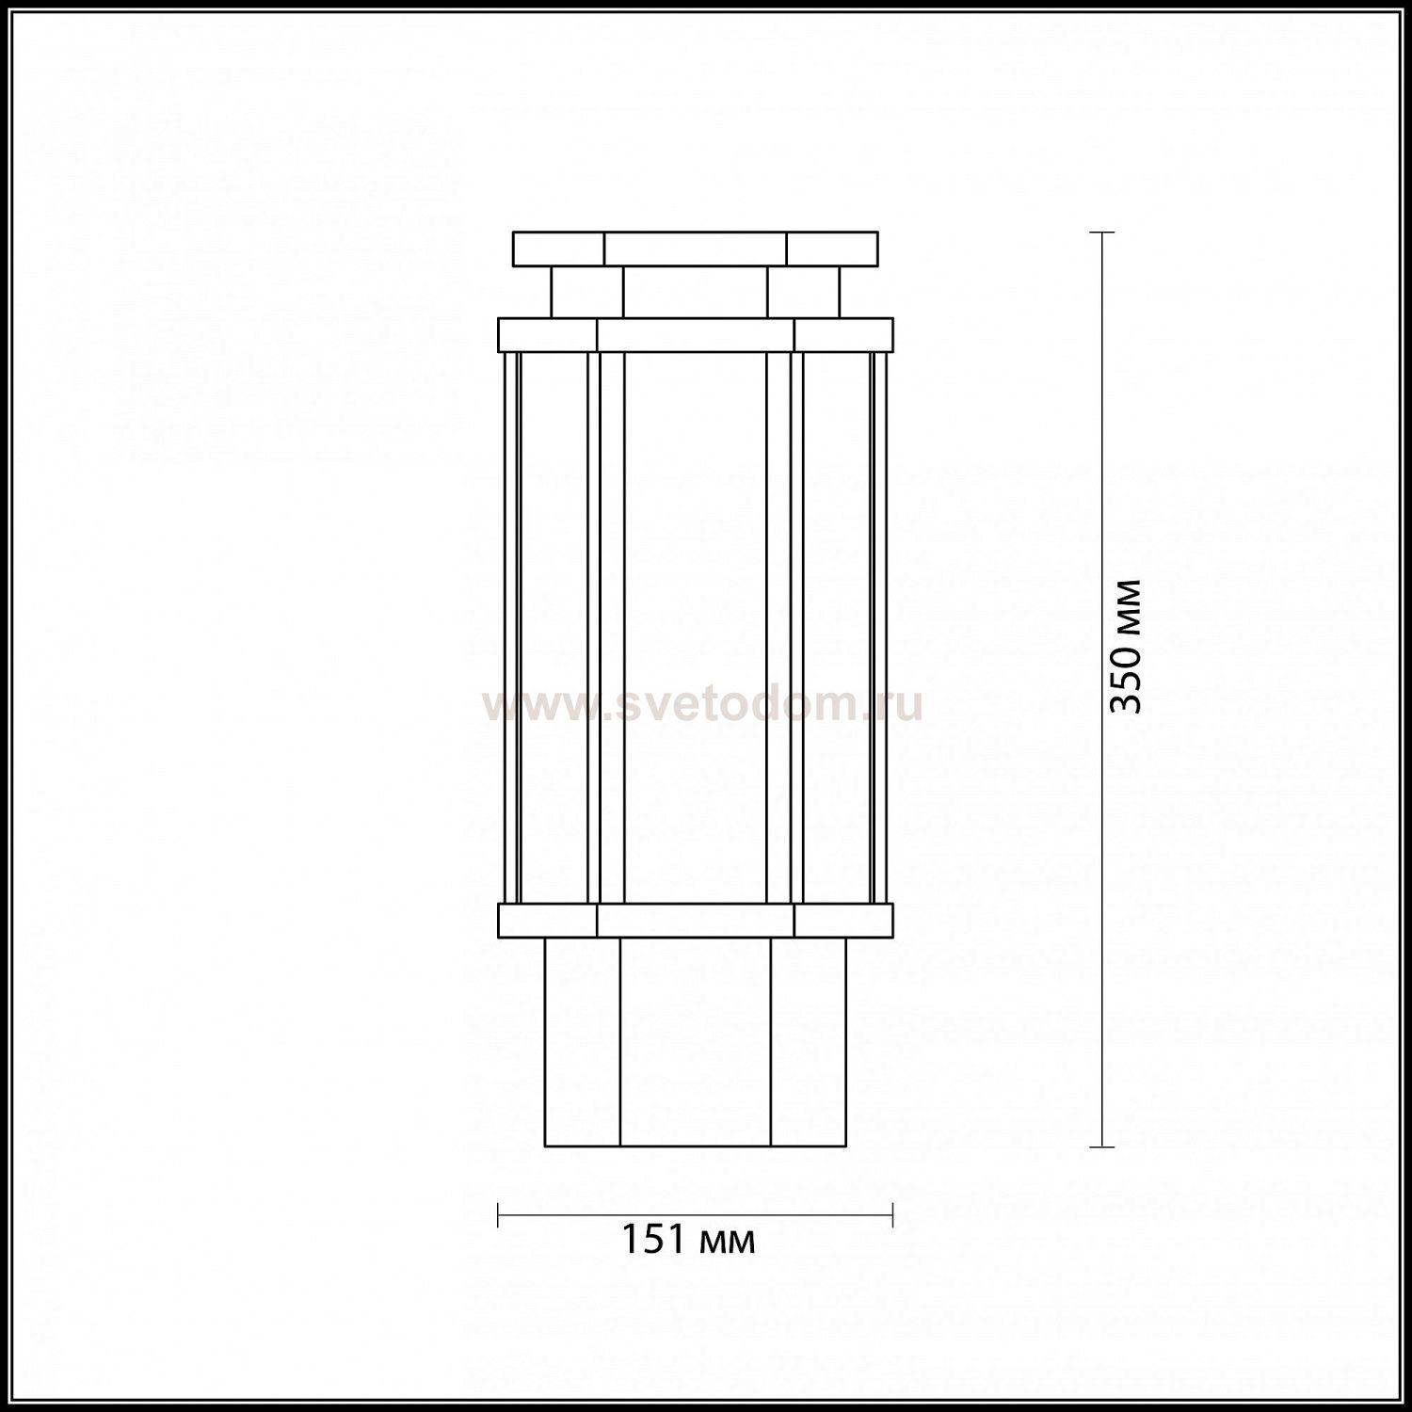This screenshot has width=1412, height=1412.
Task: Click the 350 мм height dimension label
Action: pyautogui.click(x=1126, y=646)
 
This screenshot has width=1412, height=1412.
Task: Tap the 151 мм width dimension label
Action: pyautogui.click(x=688, y=1240)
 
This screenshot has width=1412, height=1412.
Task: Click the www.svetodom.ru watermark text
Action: pyautogui.click(x=702, y=704)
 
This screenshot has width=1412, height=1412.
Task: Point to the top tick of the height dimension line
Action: pyautogui.click(x=1102, y=232)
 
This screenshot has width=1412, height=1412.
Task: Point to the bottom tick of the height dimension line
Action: pyautogui.click(x=1102, y=1147)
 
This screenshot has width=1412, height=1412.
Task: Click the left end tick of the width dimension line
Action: pyautogui.click(x=498, y=1215)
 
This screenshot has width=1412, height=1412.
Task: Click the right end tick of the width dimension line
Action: pyautogui.click(x=892, y=1215)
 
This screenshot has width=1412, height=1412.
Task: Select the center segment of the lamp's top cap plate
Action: pyautogui.click(x=696, y=249)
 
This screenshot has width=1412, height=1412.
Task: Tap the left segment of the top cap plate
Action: pyautogui.click(x=558, y=249)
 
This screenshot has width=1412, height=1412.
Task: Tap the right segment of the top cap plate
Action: pyautogui.click(x=832, y=249)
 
